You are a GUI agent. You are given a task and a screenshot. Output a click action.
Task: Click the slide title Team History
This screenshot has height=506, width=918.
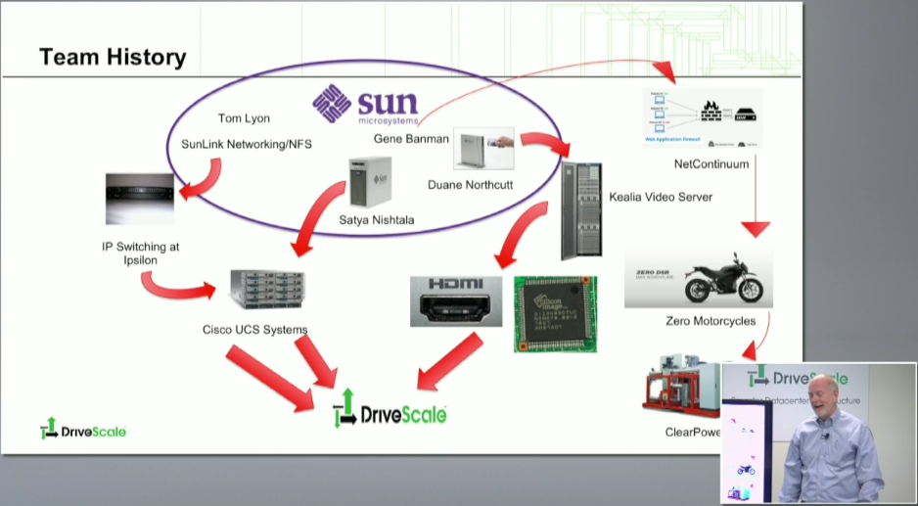point(113,58)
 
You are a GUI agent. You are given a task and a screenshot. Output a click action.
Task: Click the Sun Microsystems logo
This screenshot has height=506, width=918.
point(365,105)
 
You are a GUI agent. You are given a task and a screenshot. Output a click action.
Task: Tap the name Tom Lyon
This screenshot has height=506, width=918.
point(244,118)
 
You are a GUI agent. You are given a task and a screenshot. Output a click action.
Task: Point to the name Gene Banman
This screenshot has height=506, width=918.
point(411,139)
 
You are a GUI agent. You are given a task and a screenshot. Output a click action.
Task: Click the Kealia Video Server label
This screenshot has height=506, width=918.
point(660,197)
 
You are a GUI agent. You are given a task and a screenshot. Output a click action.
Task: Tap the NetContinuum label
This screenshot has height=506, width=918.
point(711,164)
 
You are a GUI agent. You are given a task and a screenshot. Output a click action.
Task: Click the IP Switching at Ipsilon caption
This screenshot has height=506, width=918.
point(141,253)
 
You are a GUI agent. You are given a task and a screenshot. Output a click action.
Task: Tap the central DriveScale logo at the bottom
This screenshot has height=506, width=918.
point(390,410)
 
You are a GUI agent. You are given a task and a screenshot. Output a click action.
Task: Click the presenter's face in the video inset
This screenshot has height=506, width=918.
point(820,405)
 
